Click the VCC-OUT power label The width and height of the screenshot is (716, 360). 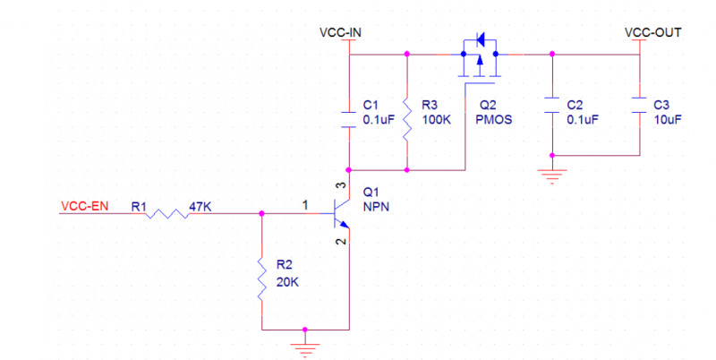point(653,32)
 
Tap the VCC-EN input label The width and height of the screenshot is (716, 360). point(85,207)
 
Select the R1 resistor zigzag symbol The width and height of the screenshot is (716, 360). point(166,213)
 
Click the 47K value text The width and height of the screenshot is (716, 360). point(200,207)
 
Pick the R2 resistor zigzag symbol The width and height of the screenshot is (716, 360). point(261,279)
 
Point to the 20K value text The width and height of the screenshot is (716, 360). point(288,281)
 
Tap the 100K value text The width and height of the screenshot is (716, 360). point(436,119)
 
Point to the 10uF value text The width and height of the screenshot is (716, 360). point(669,119)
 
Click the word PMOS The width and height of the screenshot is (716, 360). point(496,119)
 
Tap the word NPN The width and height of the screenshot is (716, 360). point(376,207)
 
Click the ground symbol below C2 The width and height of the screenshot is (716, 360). point(552,172)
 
